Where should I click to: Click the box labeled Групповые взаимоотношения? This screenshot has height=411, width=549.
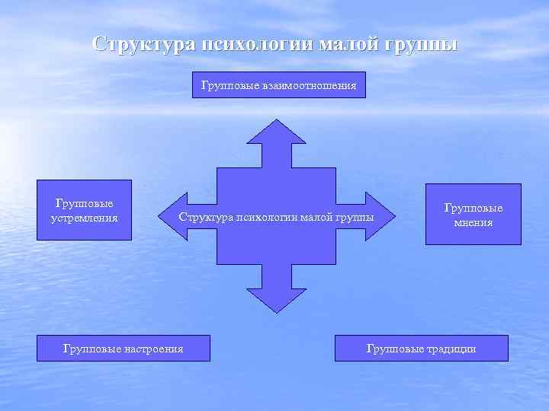278,86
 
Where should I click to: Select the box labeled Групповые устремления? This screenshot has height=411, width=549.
84,210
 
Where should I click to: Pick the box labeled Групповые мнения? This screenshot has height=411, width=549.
473,215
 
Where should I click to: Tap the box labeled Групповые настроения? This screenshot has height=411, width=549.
123,349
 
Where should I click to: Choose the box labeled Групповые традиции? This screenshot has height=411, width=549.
421,349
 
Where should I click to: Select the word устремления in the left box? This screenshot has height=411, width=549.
84,218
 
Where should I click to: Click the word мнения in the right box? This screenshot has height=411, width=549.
473,223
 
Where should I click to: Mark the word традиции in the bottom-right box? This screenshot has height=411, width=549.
453,349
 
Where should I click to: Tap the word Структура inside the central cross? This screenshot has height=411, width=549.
204,218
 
